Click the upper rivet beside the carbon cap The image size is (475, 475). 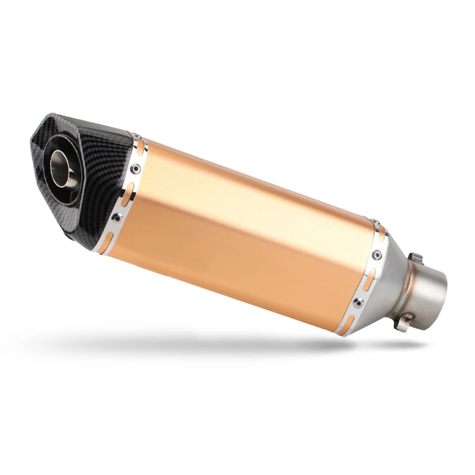[x=137, y=167]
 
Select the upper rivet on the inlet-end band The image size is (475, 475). [x=378, y=255]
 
